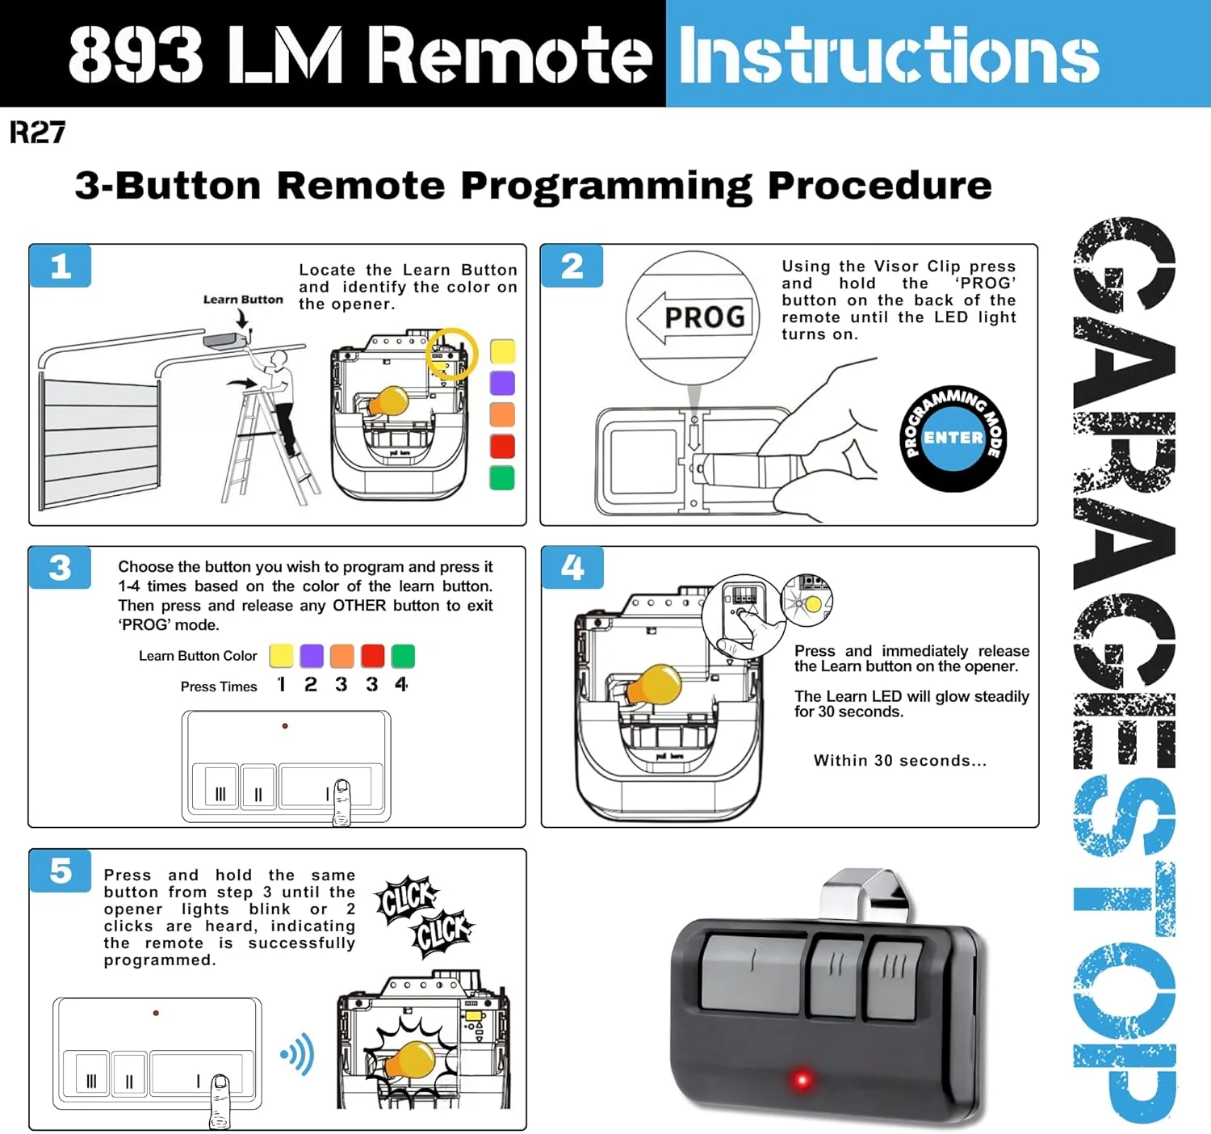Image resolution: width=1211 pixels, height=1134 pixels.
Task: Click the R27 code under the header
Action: point(37,132)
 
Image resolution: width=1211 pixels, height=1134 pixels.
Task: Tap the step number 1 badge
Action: point(61,267)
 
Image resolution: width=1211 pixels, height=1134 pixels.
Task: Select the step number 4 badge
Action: point(572,568)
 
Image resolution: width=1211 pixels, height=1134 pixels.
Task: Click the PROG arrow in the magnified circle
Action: point(694,317)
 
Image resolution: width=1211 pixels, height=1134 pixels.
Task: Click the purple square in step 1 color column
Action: point(502,383)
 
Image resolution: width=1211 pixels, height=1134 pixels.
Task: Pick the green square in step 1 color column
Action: point(502,477)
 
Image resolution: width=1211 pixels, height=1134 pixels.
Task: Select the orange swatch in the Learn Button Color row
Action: point(342,656)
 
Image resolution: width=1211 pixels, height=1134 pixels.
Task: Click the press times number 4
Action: point(401,685)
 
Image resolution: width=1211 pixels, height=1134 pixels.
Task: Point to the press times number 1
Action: point(281,685)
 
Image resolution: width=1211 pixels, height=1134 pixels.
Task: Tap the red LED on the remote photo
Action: point(802,1079)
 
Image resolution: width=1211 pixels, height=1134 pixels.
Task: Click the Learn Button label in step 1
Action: point(243,300)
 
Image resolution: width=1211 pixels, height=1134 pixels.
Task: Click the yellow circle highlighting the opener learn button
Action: point(451,354)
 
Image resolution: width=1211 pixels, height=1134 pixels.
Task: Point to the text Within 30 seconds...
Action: point(899,761)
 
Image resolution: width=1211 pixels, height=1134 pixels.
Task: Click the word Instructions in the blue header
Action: point(889,55)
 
